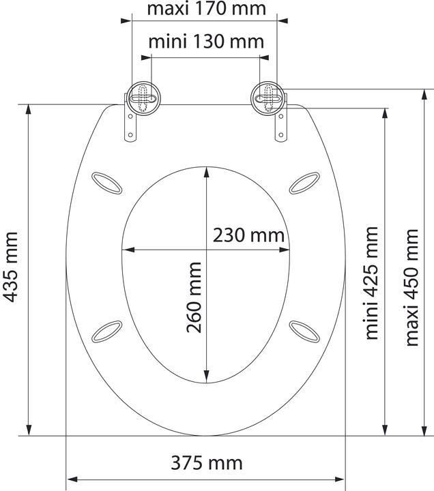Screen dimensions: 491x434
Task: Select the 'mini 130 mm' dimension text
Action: pyautogui.click(x=206, y=42)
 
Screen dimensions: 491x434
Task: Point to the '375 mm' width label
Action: pyautogui.click(x=207, y=463)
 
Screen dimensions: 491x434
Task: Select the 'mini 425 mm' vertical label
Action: pyautogui.click(x=371, y=283)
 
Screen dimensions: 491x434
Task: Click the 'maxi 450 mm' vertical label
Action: pyautogui.click(x=411, y=286)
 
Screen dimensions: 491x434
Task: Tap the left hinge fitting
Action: pyautogui.click(x=143, y=100)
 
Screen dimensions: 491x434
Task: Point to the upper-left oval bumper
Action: pyautogui.click(x=107, y=182)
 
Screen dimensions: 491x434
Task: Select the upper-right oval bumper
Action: pyautogui.click(x=304, y=181)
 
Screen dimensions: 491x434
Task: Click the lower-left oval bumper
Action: pyautogui.click(x=107, y=331)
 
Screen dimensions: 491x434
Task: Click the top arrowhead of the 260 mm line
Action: pyautogui.click(x=207, y=172)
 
